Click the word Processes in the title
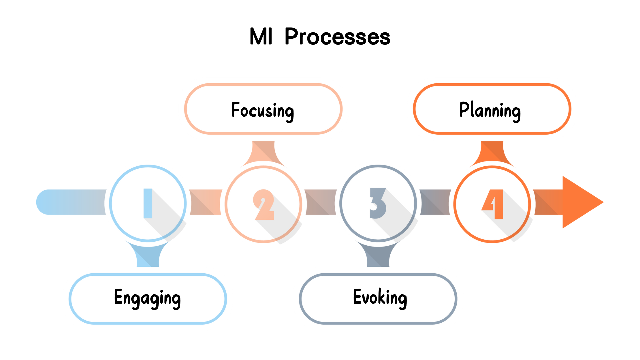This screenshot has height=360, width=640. pos(337,37)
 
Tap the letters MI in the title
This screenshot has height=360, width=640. pos(261,37)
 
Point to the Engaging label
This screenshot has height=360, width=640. pos(147,298)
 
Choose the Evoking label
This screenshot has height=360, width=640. pos(380,298)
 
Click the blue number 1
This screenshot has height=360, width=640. pos(148,203)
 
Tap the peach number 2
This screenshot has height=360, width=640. pos(264,204)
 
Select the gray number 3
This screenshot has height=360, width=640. pos(378,203)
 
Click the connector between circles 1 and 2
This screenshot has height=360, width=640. pos(205,202)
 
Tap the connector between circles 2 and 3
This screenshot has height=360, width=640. pos(321,202)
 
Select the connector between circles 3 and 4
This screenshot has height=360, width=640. pos(435,202)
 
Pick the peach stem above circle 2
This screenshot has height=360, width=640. pos(263,152)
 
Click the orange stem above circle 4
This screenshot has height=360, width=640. pos(492,152)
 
